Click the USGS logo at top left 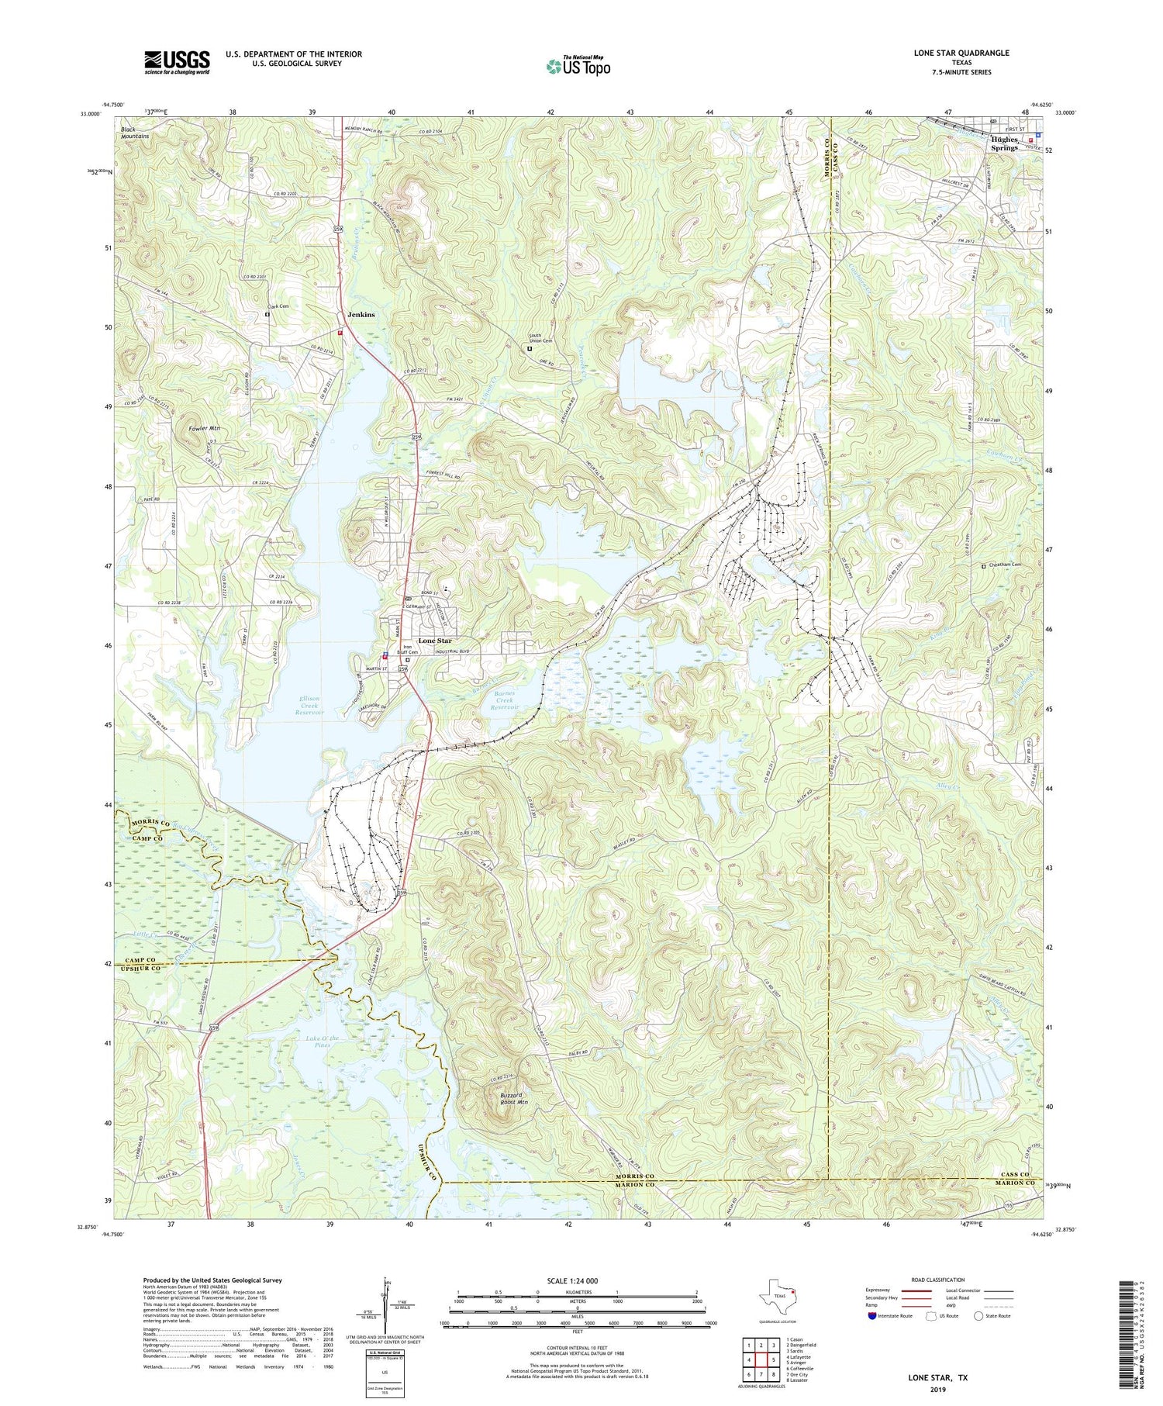(177, 62)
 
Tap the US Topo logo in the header (577, 66)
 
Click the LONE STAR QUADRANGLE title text (961, 53)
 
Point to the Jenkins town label (361, 315)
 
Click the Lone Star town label (434, 641)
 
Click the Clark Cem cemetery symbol (267, 315)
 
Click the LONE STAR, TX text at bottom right (937, 1378)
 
